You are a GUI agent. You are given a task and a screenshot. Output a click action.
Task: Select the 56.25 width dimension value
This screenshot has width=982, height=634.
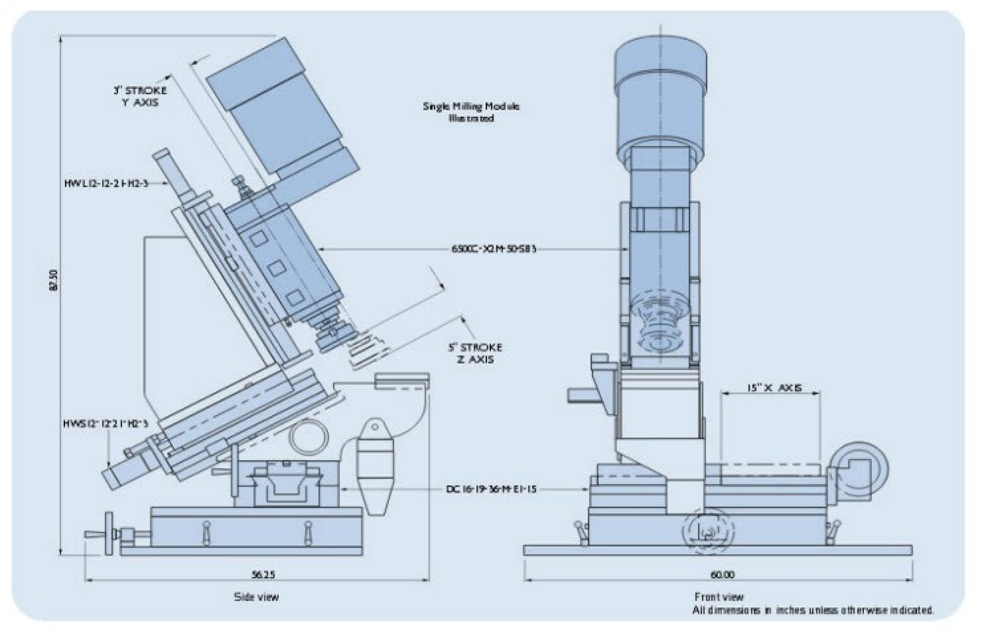263,574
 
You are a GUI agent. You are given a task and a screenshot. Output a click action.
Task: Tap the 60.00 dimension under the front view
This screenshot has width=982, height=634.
722,575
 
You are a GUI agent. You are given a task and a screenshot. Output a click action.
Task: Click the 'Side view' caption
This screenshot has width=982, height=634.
256,597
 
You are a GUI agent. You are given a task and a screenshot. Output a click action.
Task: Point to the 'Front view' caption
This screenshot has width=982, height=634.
719,597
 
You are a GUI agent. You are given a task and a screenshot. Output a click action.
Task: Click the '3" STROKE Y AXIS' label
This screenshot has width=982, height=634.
141,96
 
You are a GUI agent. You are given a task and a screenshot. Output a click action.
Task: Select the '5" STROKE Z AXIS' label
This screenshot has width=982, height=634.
475,353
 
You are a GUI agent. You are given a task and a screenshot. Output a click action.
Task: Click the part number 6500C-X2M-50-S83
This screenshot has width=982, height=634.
494,249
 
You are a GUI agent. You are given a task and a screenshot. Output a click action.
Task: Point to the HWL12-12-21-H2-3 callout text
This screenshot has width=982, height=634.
106,183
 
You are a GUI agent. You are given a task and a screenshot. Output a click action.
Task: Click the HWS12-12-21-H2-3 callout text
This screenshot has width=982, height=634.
105,424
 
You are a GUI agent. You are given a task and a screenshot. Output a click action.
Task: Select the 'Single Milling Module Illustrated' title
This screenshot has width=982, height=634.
471,112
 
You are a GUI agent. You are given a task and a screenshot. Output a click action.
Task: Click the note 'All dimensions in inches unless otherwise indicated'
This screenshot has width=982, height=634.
813,610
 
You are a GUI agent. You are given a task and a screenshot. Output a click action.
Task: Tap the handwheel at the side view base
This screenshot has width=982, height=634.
109,534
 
